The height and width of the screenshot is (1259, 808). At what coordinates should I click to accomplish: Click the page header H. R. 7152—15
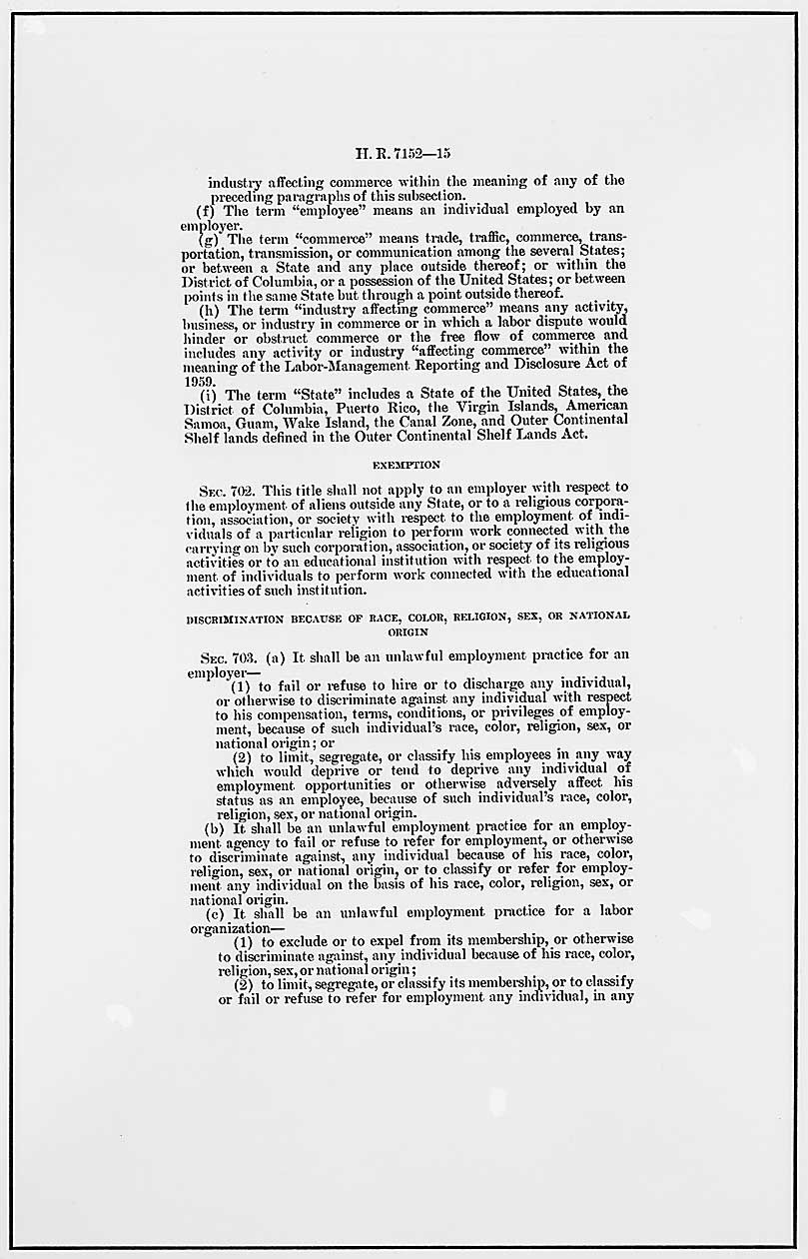click(x=404, y=154)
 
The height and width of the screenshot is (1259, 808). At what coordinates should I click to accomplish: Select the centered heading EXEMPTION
click(x=405, y=465)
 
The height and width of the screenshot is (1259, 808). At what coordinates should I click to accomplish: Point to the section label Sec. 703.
click(x=222, y=655)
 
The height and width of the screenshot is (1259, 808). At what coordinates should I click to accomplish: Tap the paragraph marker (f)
click(x=207, y=211)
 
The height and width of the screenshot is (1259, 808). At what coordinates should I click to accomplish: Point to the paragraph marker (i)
click(x=207, y=393)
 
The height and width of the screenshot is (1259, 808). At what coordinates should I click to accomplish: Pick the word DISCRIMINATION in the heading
click(x=236, y=617)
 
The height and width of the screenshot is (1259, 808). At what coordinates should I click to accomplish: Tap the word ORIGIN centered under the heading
click(x=406, y=631)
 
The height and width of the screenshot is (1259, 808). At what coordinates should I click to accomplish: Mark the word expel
click(x=348, y=939)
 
